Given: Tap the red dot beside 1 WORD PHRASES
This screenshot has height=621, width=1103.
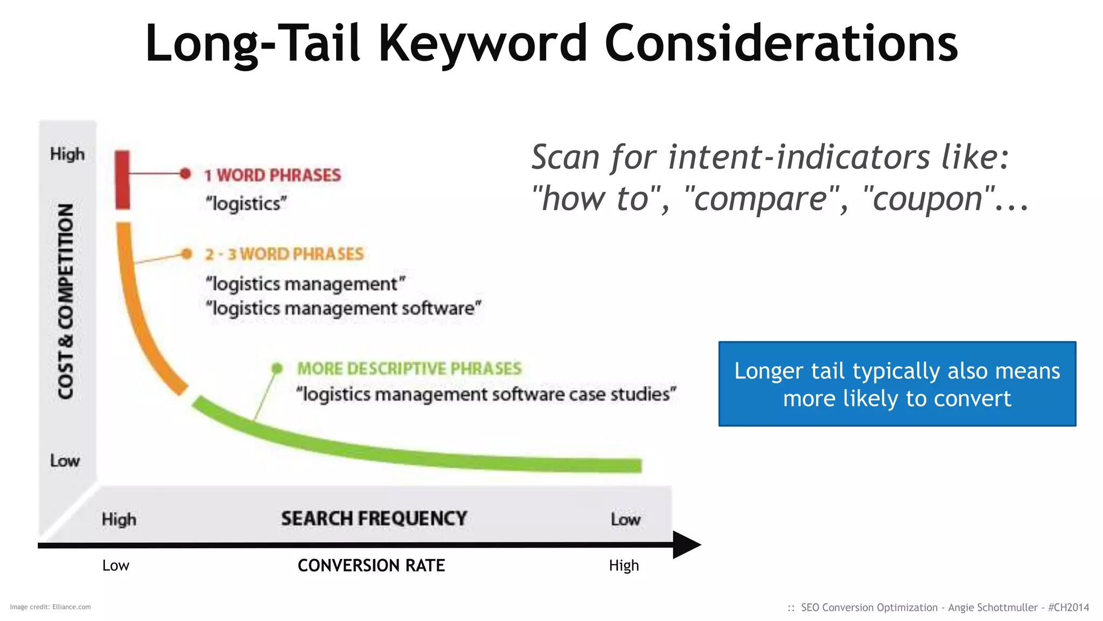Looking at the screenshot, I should (x=185, y=174).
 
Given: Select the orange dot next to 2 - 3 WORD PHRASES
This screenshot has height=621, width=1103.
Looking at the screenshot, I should (x=187, y=254).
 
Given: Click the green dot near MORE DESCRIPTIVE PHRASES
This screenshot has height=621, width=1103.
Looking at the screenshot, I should (x=277, y=368).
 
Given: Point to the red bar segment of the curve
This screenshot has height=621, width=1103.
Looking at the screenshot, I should (x=123, y=180).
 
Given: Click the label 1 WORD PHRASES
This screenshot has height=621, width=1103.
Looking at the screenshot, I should (x=273, y=175).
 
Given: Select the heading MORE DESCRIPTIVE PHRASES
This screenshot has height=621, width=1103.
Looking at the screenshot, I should (x=409, y=369).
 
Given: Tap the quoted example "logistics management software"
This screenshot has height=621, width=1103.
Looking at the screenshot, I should (x=344, y=308).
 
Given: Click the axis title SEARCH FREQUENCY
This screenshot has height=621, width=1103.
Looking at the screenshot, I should (x=374, y=519).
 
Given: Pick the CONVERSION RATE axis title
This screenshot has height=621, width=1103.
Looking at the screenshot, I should (x=371, y=565).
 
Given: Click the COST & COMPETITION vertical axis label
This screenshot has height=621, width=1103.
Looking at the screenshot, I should (x=66, y=302).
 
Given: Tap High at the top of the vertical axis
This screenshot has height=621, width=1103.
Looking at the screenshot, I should (x=67, y=154).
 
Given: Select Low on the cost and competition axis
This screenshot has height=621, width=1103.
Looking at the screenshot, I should (x=65, y=461).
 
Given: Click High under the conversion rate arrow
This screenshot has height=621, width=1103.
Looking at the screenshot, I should (x=624, y=565).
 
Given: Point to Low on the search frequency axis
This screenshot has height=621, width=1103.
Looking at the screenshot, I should (x=625, y=520).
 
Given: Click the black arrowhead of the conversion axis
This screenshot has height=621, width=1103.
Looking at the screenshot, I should (x=686, y=545).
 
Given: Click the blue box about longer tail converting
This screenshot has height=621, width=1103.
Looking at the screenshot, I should (x=897, y=384).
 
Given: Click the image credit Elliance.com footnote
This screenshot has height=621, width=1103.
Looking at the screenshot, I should (x=50, y=607).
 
